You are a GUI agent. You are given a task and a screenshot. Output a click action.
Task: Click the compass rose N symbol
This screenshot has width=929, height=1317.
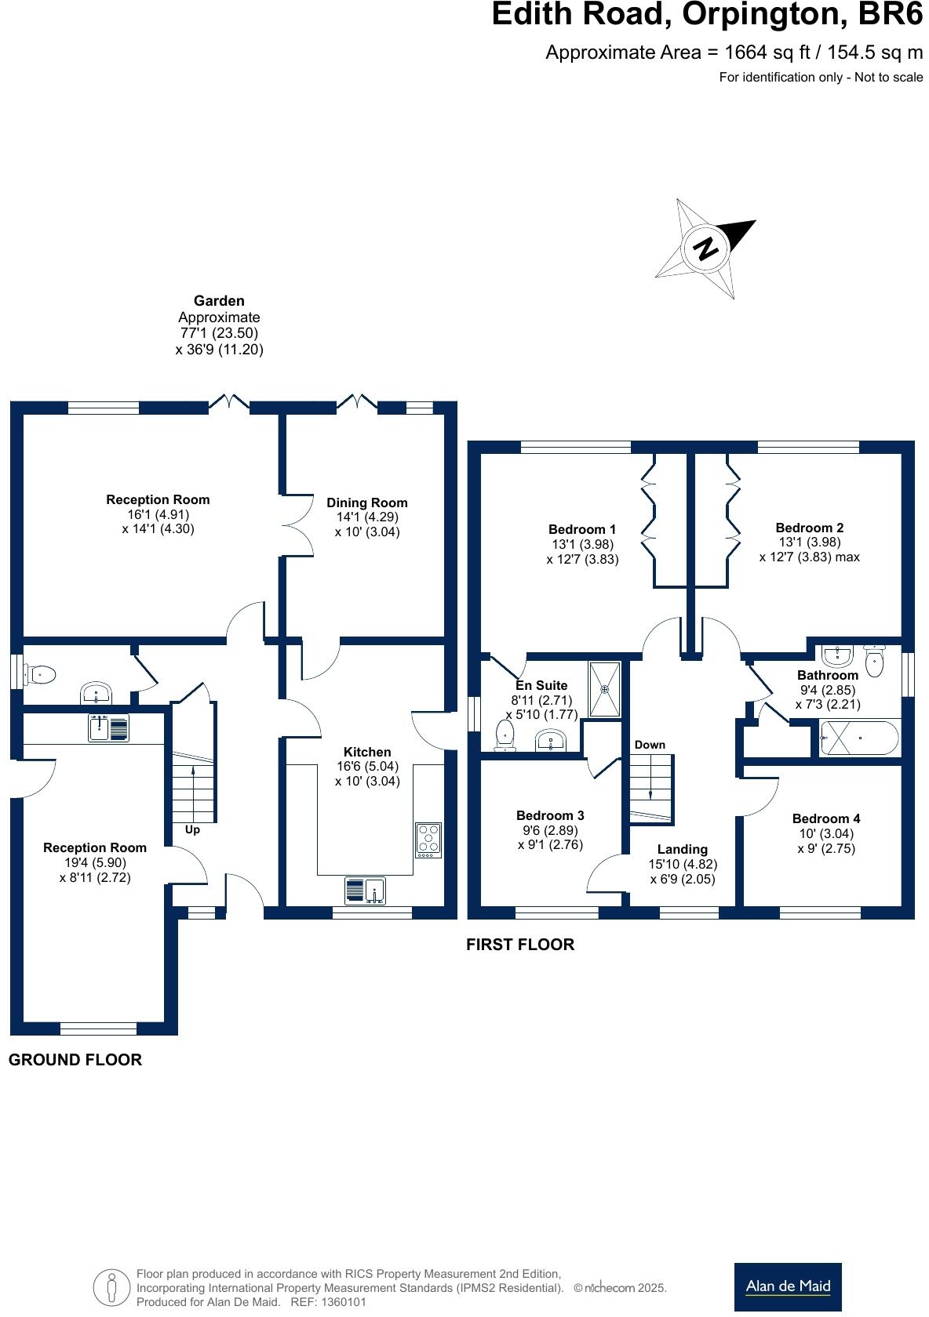[x=706, y=249]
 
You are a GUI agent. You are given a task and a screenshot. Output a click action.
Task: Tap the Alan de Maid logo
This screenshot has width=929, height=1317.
[x=788, y=1286]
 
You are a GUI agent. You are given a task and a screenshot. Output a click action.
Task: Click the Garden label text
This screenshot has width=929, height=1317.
[x=219, y=301]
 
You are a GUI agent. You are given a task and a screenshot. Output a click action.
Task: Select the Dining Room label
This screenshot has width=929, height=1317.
[x=367, y=503]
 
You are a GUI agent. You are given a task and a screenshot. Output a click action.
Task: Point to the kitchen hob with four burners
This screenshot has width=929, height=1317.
[x=428, y=840]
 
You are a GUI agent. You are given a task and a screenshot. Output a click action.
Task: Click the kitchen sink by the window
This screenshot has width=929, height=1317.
[x=366, y=891]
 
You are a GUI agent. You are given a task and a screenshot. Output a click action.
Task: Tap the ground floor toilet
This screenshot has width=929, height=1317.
[x=41, y=674]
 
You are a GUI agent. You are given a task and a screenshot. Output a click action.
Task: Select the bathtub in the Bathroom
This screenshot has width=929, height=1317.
[x=859, y=738]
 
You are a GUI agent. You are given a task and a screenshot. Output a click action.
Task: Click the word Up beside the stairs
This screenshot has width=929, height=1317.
[x=192, y=829]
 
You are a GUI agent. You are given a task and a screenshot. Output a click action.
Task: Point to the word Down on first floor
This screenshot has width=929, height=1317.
[x=650, y=745]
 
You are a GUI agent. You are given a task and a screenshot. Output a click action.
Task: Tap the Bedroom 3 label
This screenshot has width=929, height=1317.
[x=550, y=816]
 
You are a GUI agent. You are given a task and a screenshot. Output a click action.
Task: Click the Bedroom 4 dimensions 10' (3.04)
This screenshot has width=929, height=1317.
[x=826, y=834]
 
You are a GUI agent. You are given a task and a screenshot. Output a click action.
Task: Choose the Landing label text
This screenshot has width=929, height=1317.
[x=683, y=850]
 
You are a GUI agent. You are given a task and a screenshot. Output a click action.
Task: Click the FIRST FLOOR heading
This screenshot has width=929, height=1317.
[x=520, y=945]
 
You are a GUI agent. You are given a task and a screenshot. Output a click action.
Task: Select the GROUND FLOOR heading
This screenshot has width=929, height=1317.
[x=75, y=1060]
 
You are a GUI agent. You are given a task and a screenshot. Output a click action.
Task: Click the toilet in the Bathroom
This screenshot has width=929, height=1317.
[x=874, y=660]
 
